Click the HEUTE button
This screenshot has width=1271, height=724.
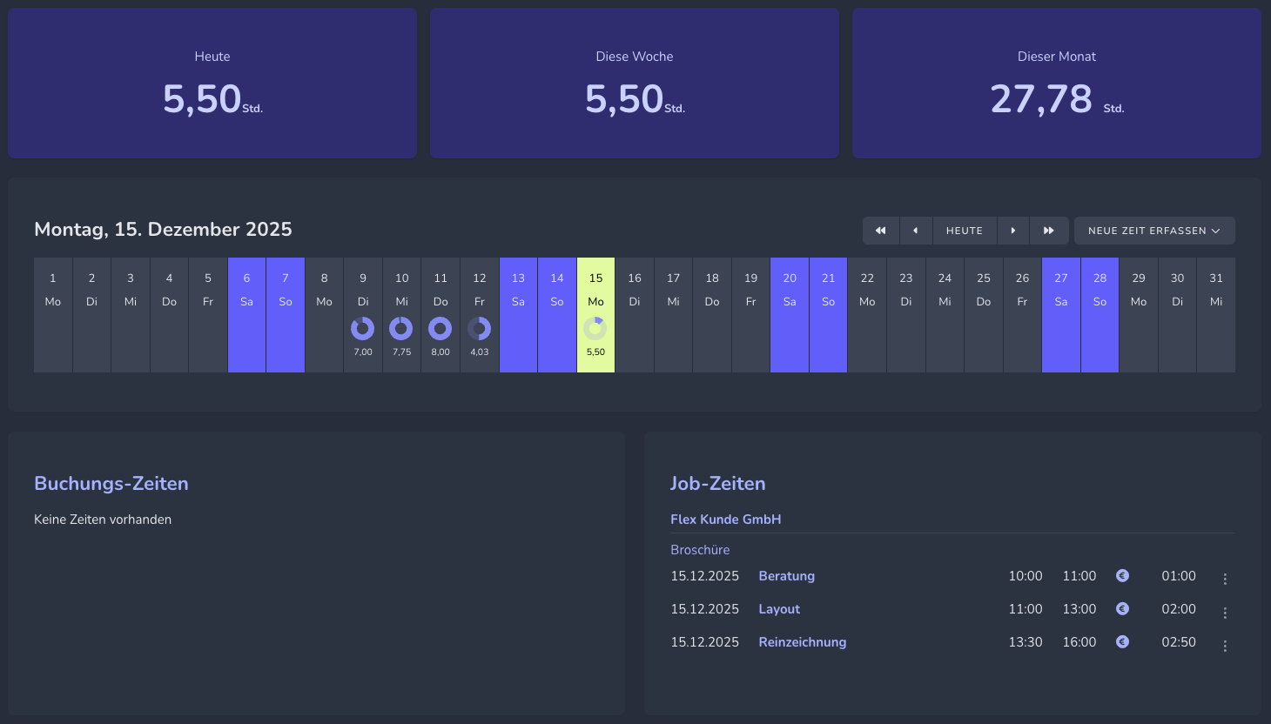click(965, 231)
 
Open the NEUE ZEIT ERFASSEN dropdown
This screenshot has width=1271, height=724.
click(1153, 231)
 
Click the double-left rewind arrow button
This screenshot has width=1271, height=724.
click(880, 231)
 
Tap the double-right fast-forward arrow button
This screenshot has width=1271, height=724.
click(1048, 231)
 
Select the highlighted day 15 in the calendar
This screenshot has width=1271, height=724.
click(595, 314)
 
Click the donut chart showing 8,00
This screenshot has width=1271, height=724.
click(440, 328)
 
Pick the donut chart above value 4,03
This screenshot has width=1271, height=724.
click(480, 328)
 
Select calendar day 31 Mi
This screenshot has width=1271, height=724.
click(1216, 314)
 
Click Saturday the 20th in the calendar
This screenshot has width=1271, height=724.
click(790, 314)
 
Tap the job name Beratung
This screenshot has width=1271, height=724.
click(786, 576)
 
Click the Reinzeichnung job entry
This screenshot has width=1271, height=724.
click(802, 642)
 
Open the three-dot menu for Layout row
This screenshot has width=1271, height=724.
click(1225, 613)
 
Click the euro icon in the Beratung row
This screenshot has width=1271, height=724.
click(1122, 575)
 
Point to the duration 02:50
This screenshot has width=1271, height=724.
click(1179, 642)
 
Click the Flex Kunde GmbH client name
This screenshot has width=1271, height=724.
click(725, 520)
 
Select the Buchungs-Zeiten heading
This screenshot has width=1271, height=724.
click(111, 484)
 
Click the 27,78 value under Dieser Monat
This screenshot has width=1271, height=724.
click(1041, 99)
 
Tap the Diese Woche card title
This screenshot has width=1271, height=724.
click(634, 57)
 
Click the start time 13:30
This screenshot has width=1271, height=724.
click(1026, 642)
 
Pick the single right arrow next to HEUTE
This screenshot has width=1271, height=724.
click(1012, 231)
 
